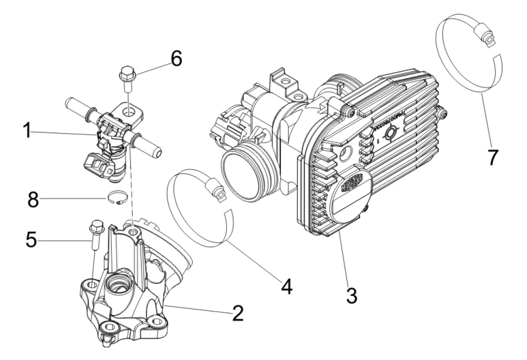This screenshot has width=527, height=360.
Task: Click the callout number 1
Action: pos(28,131)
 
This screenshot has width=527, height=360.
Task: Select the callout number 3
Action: pos(351,294)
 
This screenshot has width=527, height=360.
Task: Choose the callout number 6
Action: pos(176,60)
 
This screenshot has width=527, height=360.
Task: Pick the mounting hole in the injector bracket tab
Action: pos(130,112)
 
